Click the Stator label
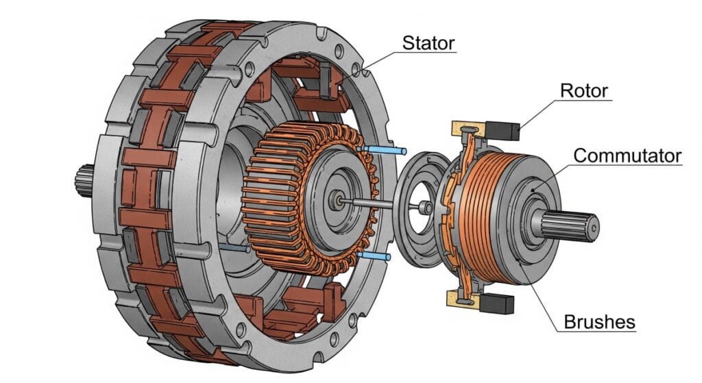coord(428,43)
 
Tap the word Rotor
coord(584,91)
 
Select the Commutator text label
coord(627,156)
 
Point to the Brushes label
coord(599,322)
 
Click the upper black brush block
coord(503,130)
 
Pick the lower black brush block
coord(497,303)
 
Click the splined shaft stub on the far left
coord(84,181)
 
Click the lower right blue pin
coord(374,256)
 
